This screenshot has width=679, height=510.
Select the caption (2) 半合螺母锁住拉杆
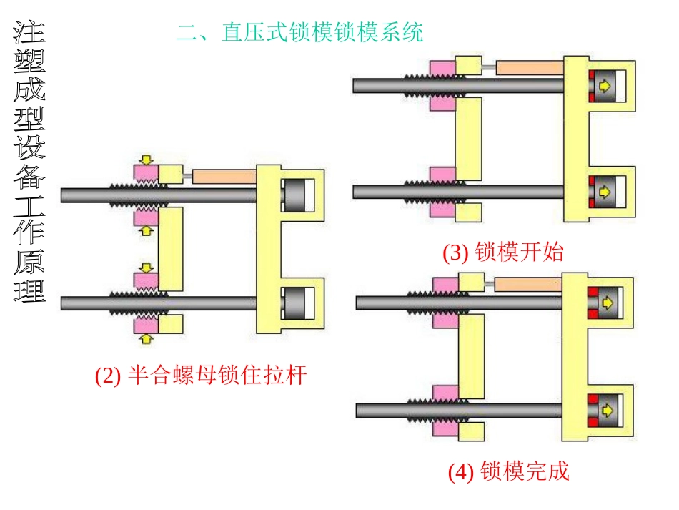pos(201,375)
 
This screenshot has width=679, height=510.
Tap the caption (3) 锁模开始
pos(502,252)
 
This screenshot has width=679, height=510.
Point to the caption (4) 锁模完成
pos(508,471)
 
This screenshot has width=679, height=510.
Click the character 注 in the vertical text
pos(29,36)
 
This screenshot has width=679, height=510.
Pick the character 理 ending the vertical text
pos(29,290)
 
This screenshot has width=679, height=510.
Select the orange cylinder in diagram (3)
pos(530,68)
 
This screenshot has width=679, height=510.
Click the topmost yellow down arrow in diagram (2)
pos(147,159)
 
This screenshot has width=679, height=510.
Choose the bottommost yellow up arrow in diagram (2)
pos(147,337)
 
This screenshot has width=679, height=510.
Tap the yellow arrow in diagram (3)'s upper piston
pos(605,86)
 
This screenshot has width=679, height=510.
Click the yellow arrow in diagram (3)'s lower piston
pos(605,192)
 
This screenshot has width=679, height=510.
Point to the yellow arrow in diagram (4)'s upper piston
pos(606,302)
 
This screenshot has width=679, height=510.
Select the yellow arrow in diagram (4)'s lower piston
pos(606,410)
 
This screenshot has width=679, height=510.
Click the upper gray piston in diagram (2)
pos(294,195)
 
